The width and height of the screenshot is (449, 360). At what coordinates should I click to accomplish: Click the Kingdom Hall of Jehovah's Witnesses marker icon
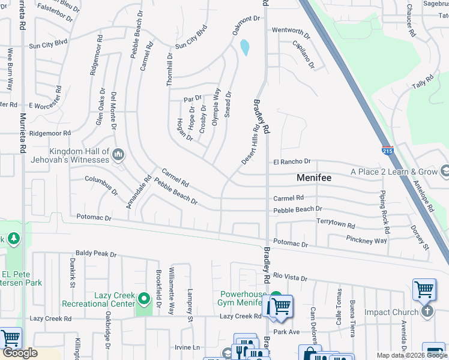(118, 155)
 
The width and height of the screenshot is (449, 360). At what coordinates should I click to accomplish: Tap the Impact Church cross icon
(427, 311)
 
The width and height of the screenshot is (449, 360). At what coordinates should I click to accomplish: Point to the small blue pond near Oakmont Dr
(245, 47)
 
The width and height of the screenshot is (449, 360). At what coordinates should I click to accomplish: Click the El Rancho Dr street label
(292, 162)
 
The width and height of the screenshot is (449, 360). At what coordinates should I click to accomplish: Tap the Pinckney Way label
(366, 239)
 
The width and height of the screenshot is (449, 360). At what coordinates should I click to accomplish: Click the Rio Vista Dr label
(289, 278)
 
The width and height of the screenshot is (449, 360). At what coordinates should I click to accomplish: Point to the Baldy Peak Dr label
(95, 254)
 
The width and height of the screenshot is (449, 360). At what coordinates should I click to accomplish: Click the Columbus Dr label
(101, 185)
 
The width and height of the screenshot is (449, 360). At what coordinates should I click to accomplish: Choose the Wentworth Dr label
(291, 31)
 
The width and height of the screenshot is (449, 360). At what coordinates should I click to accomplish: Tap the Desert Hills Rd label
(250, 145)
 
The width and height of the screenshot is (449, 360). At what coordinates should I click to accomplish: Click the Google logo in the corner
(20, 353)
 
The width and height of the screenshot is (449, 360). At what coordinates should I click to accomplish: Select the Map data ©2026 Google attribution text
(411, 355)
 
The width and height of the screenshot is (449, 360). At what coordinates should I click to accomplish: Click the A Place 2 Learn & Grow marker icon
(445, 172)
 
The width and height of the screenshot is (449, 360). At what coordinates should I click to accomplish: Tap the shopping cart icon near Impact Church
(424, 290)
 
